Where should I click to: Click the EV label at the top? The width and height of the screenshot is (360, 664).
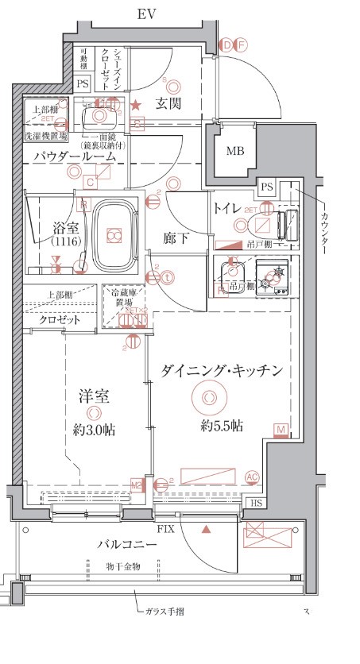pos(146,15)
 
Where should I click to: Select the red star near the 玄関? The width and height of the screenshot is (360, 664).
pos(136,104)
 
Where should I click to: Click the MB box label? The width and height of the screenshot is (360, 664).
pos(234,152)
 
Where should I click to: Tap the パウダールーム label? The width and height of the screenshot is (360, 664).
pos(75,157)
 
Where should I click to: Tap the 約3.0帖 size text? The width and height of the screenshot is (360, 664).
pos(95,430)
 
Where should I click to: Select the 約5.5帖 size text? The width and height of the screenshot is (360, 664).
pos(222,426)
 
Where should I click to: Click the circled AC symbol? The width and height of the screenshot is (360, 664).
pos(253,477)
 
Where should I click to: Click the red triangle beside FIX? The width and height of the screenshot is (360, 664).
pos(206,527)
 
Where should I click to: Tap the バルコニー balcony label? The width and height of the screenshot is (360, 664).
pos(127,544)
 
